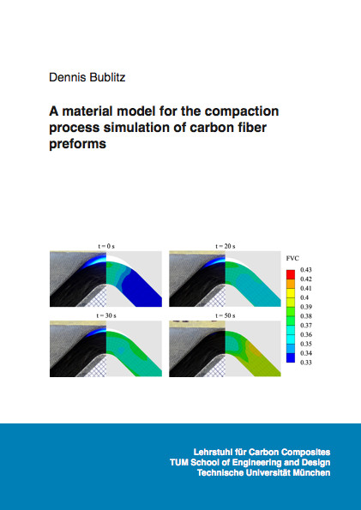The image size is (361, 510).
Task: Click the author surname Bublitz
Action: coord(105,77)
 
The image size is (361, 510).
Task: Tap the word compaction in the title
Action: coord(242,111)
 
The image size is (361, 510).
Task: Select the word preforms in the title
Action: coord(77,143)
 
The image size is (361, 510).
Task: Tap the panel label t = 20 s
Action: coord(226,246)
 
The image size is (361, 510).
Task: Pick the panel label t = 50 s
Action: coord(226,315)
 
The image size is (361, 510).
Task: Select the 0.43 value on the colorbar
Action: coord(305,270)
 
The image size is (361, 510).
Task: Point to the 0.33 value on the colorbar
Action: coord(305,363)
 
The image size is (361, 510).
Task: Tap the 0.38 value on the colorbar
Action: coord(305,315)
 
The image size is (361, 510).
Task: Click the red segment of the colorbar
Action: coord(291,274)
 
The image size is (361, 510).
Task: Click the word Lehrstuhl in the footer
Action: coord(208,452)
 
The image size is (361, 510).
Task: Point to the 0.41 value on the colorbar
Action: coord(305,288)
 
